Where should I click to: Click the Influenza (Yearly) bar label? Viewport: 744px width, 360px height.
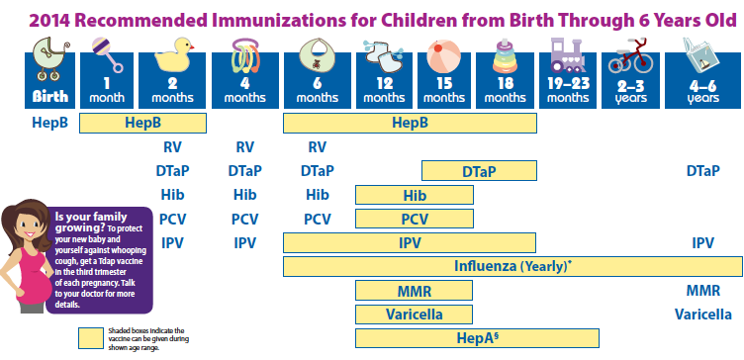click(512, 266)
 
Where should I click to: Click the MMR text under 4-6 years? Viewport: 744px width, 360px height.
click(702, 291)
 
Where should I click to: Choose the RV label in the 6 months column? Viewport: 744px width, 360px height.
click(317, 146)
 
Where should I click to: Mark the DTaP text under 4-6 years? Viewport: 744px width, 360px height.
click(702, 171)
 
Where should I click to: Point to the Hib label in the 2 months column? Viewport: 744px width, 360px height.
click(173, 195)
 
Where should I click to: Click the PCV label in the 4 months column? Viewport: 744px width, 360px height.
click(244, 219)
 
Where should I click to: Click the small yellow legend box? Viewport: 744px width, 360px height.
click(97, 338)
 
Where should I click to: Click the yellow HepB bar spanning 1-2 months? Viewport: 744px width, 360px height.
click(142, 123)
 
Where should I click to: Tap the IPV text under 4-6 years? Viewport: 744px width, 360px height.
click(702, 242)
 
